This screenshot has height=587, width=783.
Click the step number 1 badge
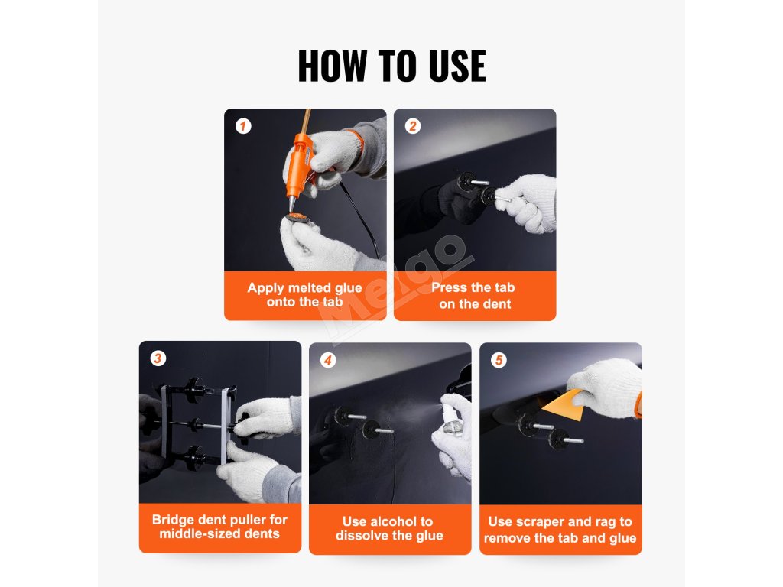pyautogui.click(x=243, y=126)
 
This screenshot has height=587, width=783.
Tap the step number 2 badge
pyautogui.click(x=413, y=126)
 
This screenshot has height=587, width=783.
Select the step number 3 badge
pyautogui.click(x=158, y=358)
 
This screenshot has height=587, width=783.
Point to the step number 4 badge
pyautogui.click(x=328, y=360)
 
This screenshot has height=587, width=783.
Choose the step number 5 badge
pyautogui.click(x=499, y=360)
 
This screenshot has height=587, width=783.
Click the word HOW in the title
pyautogui.click(x=333, y=66)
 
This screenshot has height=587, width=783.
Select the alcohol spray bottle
pyautogui.click(x=451, y=420)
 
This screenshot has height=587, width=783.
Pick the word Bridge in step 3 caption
pyautogui.click(x=173, y=520)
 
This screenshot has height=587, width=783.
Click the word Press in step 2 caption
pyautogui.click(x=449, y=287)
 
